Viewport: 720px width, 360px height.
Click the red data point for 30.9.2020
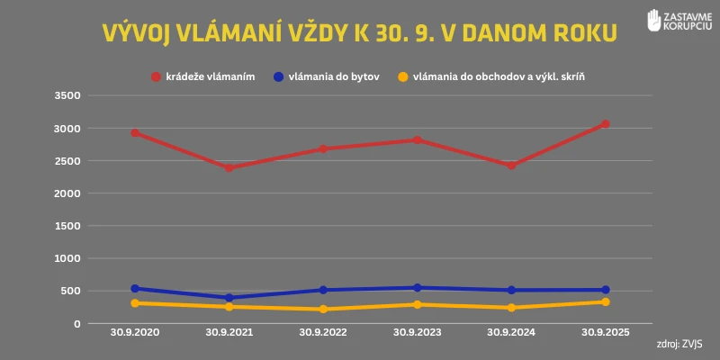coord(135,132)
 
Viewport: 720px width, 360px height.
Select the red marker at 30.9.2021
coord(229,167)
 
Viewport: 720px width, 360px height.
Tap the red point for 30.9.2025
coord(606,123)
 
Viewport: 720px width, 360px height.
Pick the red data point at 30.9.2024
coord(511,166)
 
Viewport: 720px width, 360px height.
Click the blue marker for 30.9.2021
coord(229,298)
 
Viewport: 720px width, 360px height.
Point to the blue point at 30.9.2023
coord(418,288)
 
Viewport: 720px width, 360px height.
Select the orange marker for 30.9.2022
coord(323,309)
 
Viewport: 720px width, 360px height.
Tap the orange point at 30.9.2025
coord(606,301)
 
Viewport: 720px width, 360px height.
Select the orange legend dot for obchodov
coord(403,77)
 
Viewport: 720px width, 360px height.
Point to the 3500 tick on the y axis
coord(68,95)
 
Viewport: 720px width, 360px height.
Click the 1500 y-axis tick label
coord(68,226)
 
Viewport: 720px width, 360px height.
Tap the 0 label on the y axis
coord(77,323)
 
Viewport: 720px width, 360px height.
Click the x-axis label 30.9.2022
coord(323,332)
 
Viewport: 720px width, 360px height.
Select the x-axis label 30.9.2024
coord(511,332)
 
